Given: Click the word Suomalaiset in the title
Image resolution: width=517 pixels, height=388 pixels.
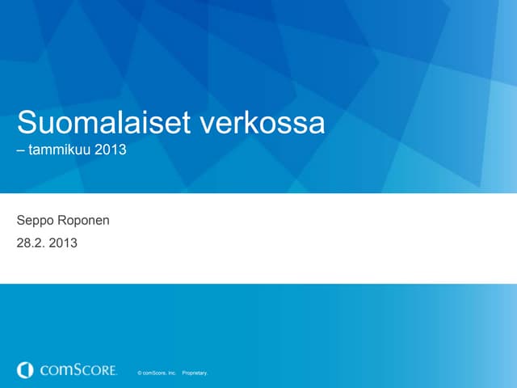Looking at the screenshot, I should click(103, 124).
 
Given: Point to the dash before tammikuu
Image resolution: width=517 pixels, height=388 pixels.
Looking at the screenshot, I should click(21, 150).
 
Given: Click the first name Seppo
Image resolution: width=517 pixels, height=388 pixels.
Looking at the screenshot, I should click(35, 220).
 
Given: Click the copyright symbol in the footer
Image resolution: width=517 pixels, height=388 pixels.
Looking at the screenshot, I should click(141, 373).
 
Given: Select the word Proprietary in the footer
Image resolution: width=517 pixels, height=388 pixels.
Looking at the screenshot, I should click(195, 373).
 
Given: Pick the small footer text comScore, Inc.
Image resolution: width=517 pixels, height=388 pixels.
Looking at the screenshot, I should click(160, 373).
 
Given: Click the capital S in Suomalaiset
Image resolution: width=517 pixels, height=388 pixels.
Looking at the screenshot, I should click(27, 124).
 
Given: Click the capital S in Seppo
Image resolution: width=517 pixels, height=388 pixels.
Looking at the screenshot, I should click(21, 219).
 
